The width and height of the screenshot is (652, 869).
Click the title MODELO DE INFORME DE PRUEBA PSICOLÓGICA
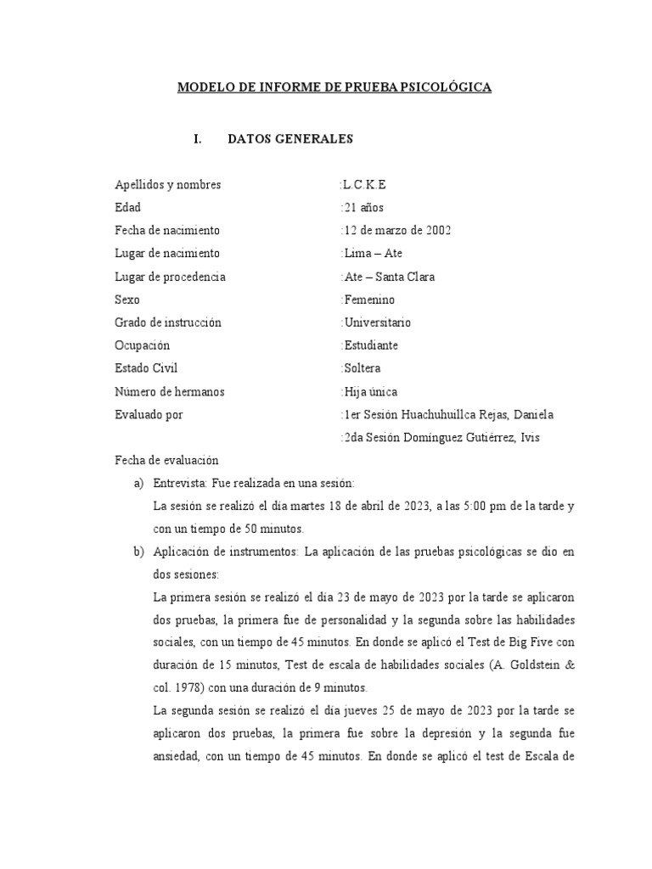(334, 87)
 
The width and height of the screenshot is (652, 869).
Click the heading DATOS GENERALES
(290, 139)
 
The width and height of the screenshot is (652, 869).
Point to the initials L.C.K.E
(368, 184)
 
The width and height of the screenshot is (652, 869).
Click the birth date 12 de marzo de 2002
(396, 230)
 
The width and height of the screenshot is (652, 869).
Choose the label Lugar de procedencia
(170, 277)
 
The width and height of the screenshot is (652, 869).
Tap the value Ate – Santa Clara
(389, 277)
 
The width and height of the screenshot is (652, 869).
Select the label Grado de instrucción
(167, 322)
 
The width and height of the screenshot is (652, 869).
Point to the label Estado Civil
(146, 368)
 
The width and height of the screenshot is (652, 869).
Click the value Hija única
(369, 391)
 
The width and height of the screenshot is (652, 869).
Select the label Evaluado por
(149, 414)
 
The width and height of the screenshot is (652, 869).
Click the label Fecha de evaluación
(166, 460)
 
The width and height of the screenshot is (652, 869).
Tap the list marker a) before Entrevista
(139, 483)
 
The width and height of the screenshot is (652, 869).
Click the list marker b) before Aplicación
(139, 552)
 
